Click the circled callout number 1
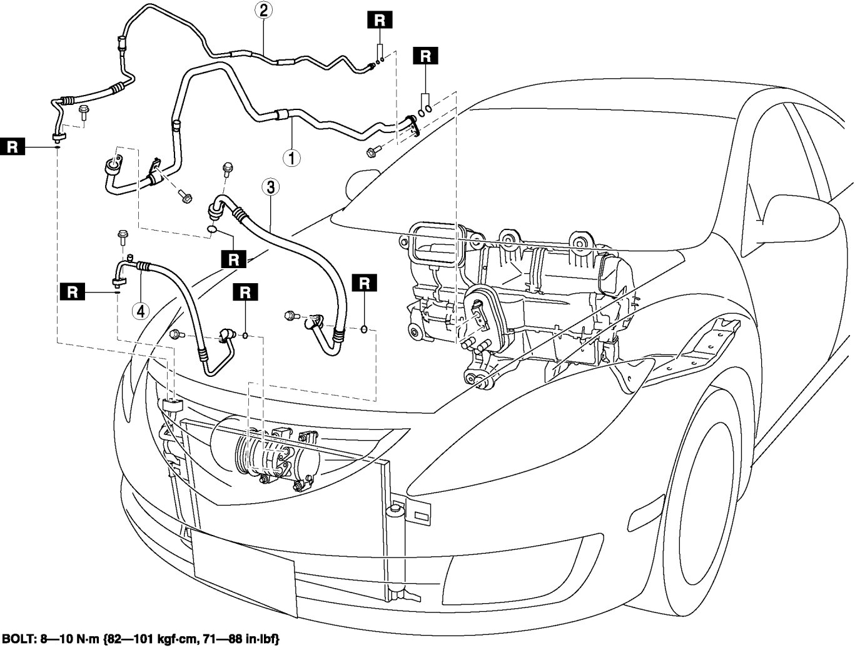291,156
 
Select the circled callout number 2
263,10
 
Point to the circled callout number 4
140,311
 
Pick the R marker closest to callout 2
380,19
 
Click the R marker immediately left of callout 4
73,291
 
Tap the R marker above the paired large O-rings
425,56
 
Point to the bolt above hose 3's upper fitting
227,167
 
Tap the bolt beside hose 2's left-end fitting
84,112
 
